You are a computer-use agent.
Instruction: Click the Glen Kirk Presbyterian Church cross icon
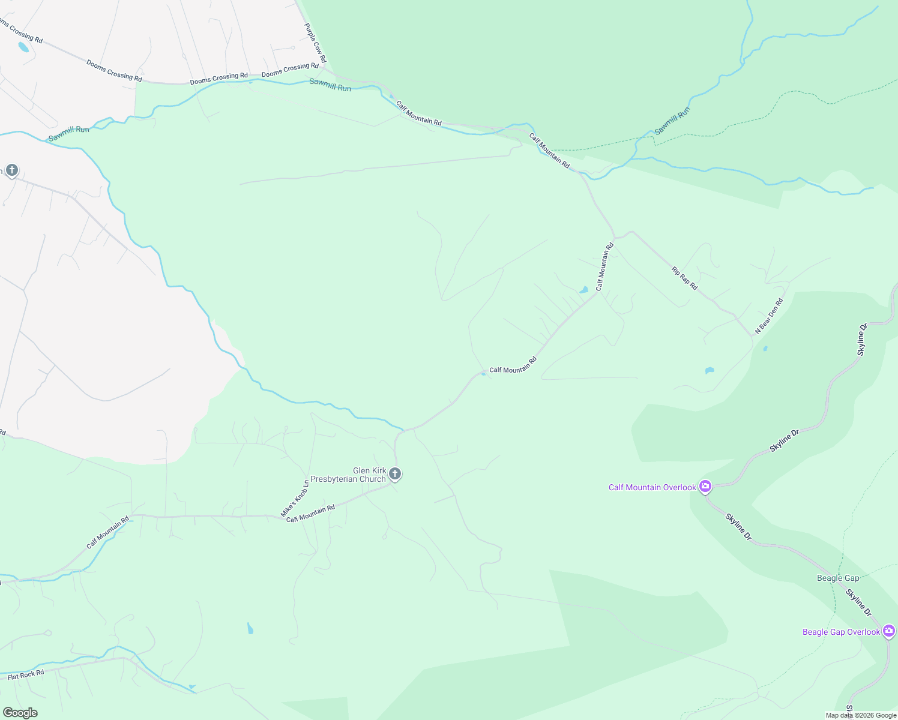click(x=395, y=474)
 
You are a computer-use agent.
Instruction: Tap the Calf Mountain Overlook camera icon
click(x=706, y=487)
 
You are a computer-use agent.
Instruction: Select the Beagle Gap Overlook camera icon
click(x=889, y=631)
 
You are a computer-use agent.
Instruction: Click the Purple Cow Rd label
click(x=315, y=43)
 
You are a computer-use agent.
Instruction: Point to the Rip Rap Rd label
click(x=684, y=279)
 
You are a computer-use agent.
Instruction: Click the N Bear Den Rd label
click(x=769, y=316)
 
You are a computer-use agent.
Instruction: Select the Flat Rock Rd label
click(x=26, y=675)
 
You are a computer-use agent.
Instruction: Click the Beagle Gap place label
click(x=838, y=578)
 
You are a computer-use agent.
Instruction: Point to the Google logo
click(x=20, y=713)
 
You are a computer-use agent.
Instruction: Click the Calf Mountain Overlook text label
click(x=652, y=487)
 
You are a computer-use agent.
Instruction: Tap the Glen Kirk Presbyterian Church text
click(x=369, y=475)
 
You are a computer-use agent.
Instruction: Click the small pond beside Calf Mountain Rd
click(x=583, y=290)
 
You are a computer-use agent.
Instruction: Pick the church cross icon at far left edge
click(x=11, y=170)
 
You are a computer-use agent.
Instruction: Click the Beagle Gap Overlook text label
click(x=841, y=632)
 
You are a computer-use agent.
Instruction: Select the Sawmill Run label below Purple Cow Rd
click(x=330, y=85)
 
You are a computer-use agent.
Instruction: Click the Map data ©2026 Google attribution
click(x=861, y=715)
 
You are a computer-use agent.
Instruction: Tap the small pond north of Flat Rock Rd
click(x=250, y=628)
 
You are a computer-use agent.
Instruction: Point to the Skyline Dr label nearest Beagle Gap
click(x=858, y=602)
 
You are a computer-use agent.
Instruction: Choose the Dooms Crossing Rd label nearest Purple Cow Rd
click(x=290, y=70)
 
